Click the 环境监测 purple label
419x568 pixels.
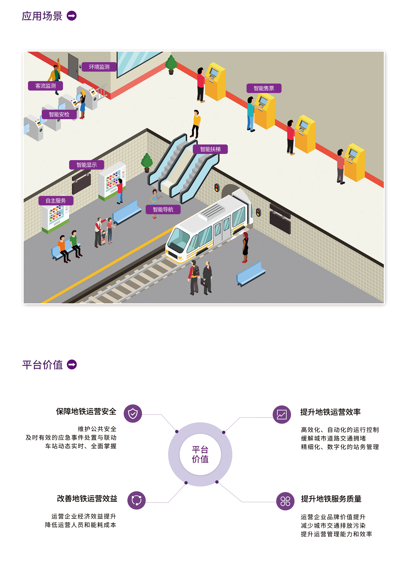click(x=99, y=67)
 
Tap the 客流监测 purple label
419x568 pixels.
click(x=45, y=86)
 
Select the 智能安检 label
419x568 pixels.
click(x=59, y=114)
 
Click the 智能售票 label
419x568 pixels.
click(x=264, y=88)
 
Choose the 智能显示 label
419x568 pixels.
click(x=86, y=165)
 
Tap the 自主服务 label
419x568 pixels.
click(x=56, y=201)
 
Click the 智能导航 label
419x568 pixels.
click(x=163, y=210)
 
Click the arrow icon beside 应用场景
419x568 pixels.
click(x=72, y=16)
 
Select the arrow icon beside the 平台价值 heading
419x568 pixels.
click(x=72, y=365)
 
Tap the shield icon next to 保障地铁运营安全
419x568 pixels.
click(x=133, y=414)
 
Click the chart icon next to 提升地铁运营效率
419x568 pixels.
click(x=282, y=415)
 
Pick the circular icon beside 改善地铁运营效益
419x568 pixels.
click(x=136, y=500)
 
